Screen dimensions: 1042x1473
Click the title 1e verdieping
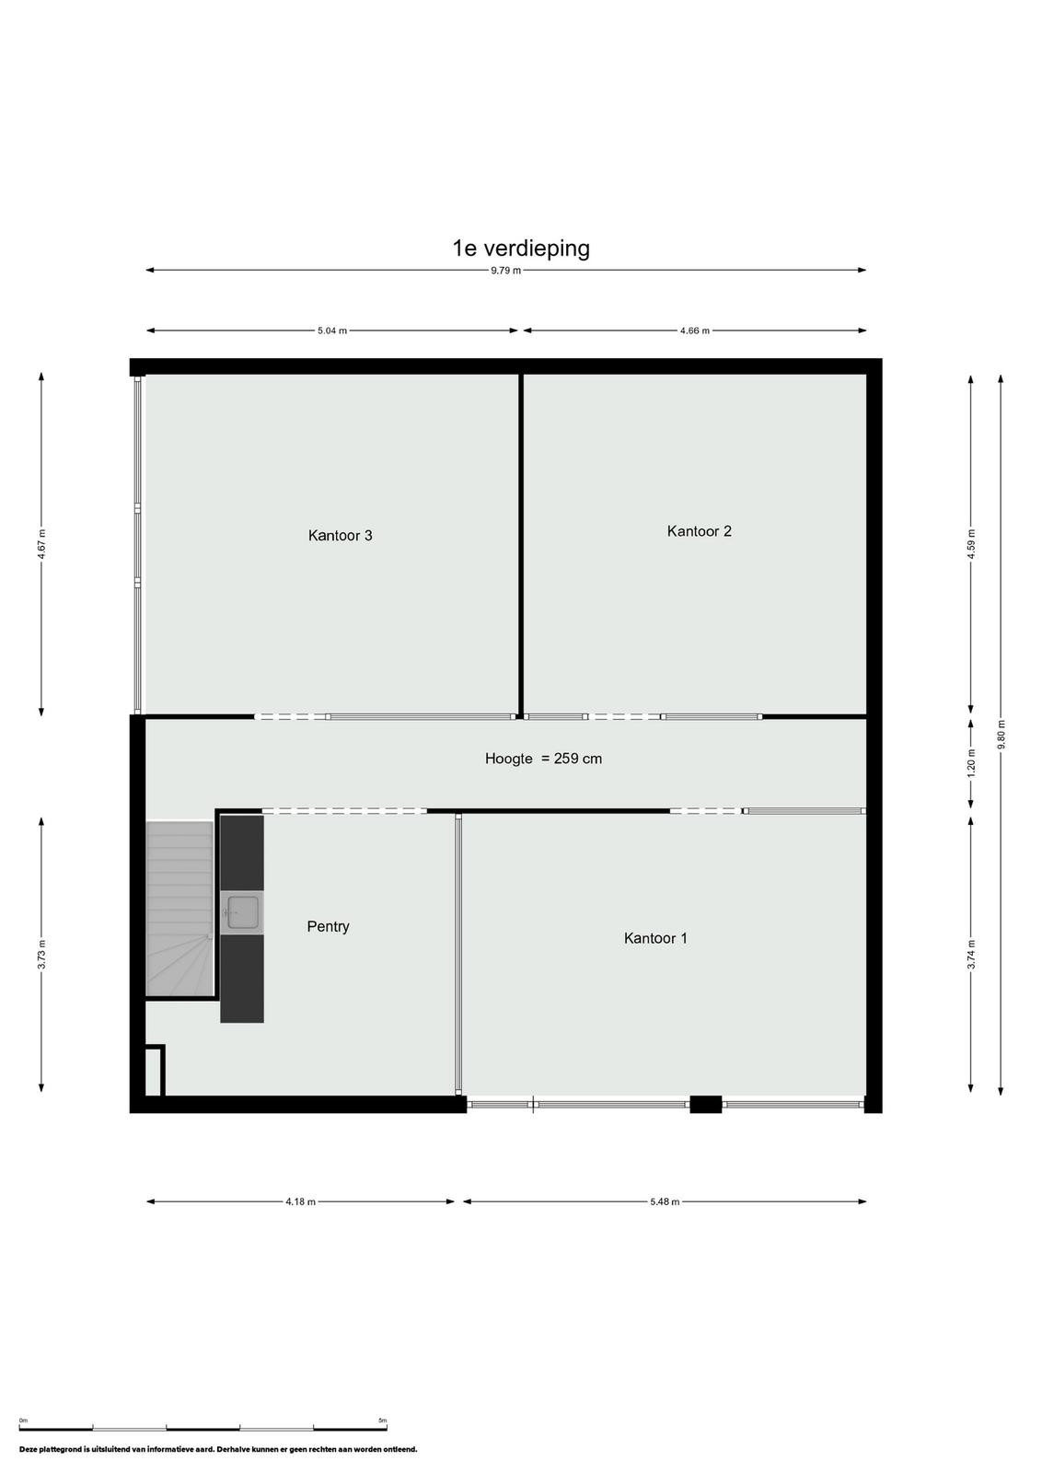coord(521,249)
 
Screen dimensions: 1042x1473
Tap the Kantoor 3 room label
coord(340,535)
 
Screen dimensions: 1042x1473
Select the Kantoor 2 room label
coord(699,530)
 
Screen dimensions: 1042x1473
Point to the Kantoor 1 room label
coord(655,938)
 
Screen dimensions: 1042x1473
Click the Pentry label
coord(328,926)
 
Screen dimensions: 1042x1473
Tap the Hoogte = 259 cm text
coord(543,759)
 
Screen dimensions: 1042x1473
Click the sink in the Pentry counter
coord(243,912)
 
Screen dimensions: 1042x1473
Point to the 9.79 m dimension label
coord(505,271)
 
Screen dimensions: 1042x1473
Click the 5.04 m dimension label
coord(332,331)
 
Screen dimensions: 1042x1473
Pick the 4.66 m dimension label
coord(695,331)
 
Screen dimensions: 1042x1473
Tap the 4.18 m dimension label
coord(300,1201)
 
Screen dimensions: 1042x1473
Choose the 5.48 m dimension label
coord(665,1201)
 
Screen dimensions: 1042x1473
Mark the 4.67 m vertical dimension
coord(41,544)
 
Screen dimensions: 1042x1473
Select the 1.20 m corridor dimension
coord(971,763)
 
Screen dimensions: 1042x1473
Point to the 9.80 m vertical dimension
coord(1001,734)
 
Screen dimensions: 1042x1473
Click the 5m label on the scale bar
coord(383,1415)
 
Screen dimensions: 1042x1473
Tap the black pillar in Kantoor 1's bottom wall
coord(705,1104)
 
